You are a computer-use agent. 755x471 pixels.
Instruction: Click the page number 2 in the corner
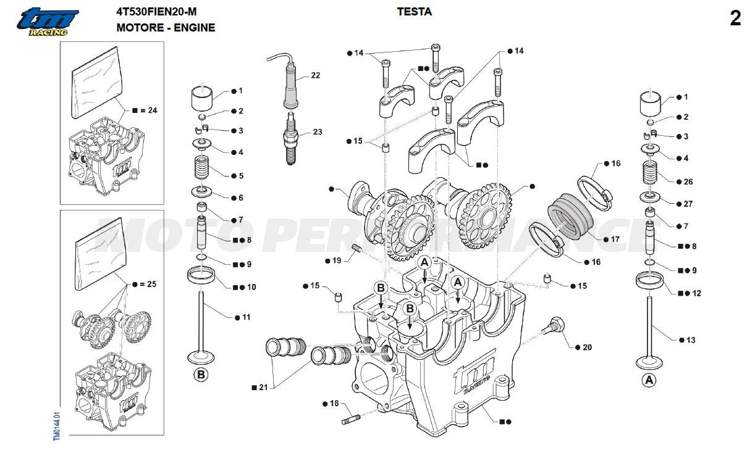pyautogui.click(x=735, y=19)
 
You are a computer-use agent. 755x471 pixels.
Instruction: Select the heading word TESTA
pyautogui.click(x=414, y=12)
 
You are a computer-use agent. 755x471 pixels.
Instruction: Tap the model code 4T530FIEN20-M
pyautogui.click(x=157, y=12)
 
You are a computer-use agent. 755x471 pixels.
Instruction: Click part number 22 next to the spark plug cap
pyautogui.click(x=315, y=75)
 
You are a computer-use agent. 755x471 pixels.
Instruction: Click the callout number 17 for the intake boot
pyautogui.click(x=615, y=239)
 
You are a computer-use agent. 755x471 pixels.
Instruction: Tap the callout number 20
pyautogui.click(x=586, y=348)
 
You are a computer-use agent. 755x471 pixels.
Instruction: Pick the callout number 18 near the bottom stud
pyautogui.click(x=334, y=403)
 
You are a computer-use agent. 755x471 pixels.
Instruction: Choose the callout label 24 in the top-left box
pyautogui.click(x=152, y=110)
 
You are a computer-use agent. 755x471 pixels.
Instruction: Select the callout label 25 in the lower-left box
pyautogui.click(x=151, y=285)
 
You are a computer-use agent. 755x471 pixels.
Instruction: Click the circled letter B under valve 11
pyautogui.click(x=201, y=374)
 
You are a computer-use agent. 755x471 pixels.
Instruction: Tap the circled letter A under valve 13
pyautogui.click(x=648, y=380)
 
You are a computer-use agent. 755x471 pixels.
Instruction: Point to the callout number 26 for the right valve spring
pyautogui.click(x=688, y=181)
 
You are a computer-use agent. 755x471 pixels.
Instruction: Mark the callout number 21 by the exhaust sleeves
pyautogui.click(x=263, y=387)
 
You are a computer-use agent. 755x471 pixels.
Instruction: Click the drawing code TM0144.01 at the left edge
pyautogui.click(x=56, y=425)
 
